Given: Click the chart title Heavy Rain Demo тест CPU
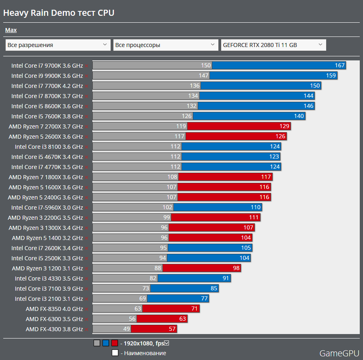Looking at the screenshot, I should point(59,13).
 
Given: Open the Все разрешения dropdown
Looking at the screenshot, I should point(58,45).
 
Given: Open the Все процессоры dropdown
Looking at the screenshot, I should point(166,45).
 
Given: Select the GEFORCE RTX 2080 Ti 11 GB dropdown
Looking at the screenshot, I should point(273,45).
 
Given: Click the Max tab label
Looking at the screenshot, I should point(11,30).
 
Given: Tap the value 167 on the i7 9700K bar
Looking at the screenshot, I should point(340,65).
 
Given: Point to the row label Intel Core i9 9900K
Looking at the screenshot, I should point(47,75).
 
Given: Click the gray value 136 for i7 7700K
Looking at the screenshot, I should point(194,86).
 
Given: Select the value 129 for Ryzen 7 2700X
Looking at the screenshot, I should point(284,126).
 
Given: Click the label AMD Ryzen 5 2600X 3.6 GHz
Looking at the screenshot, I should point(46,136).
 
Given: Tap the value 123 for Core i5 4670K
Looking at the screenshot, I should point(274,156).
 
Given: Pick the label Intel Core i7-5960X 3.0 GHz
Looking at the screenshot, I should point(47,207).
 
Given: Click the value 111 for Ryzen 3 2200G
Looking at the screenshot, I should point(254,217).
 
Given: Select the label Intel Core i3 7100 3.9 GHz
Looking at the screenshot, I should point(49,288).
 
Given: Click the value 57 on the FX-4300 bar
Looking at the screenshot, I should point(172,329).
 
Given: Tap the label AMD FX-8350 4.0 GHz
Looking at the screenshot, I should point(54,309).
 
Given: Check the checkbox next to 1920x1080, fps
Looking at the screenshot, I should point(167,343).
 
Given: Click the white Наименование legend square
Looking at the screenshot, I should point(115,353).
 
